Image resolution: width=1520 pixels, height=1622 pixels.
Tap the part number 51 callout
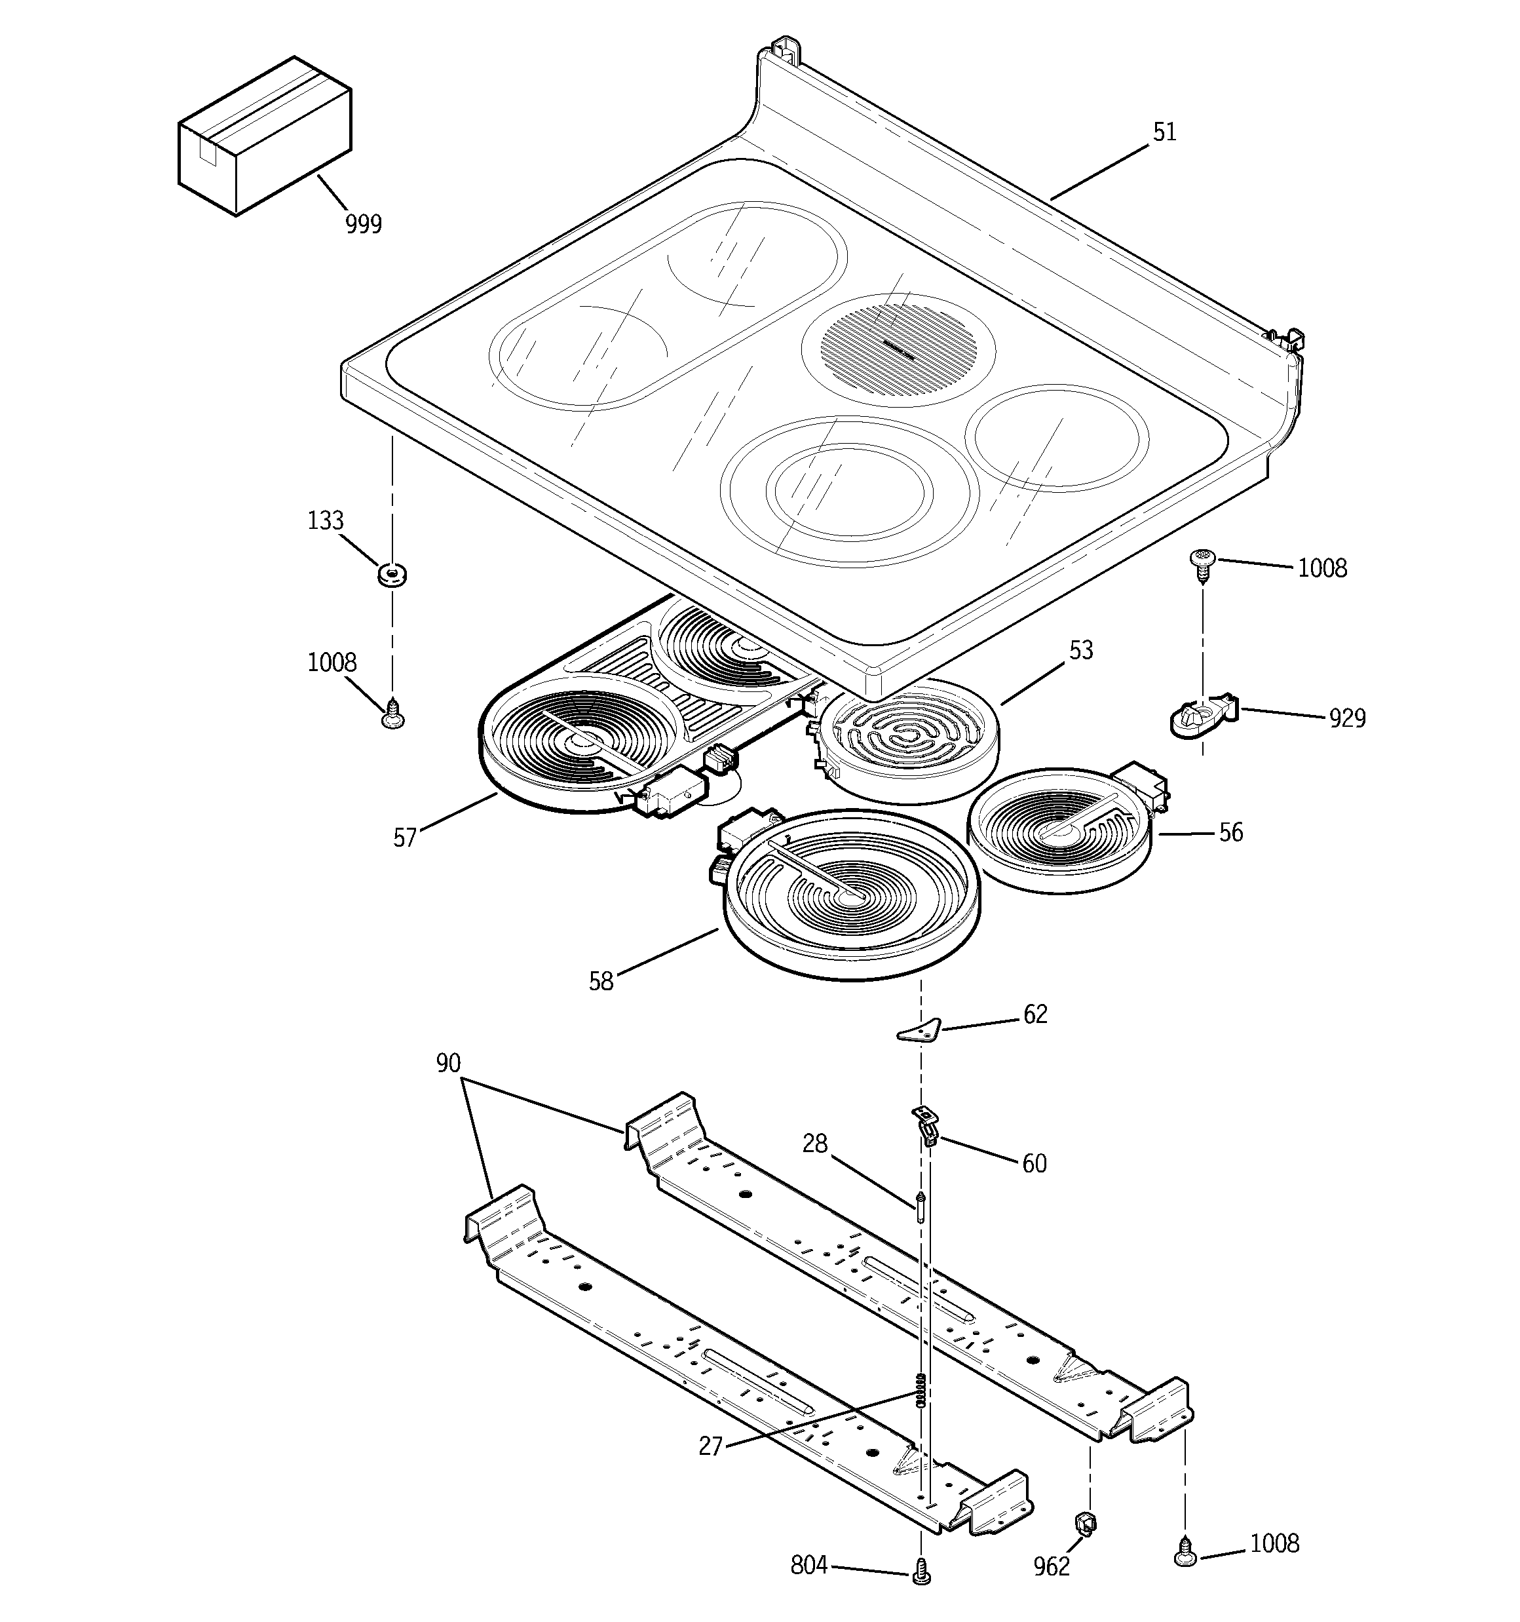[1164, 133]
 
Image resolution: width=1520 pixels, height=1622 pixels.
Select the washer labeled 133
[392, 574]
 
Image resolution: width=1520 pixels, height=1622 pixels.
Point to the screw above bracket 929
[1200, 562]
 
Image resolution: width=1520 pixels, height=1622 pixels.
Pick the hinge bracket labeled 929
[1204, 717]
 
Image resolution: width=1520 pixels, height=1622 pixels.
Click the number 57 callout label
[405, 838]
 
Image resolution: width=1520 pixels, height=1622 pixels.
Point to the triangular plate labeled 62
[919, 1032]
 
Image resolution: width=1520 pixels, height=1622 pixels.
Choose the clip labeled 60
[926, 1125]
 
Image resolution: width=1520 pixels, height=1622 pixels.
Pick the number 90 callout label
[448, 1063]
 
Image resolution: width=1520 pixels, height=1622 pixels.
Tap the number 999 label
[363, 223]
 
